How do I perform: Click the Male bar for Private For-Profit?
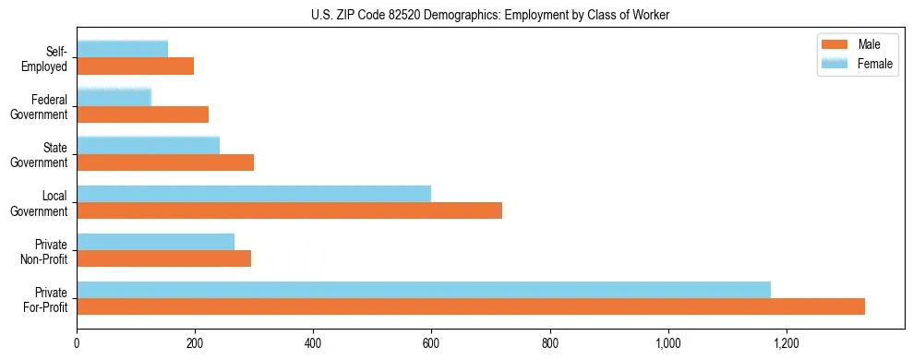[471, 306]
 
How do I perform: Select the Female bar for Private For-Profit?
[424, 290]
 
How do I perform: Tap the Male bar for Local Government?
[289, 210]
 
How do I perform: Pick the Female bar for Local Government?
[254, 194]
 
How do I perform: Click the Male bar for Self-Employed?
[135, 66]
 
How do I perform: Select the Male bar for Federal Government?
[142, 114]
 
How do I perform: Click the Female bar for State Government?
[148, 145]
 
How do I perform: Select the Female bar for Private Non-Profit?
[155, 242]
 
